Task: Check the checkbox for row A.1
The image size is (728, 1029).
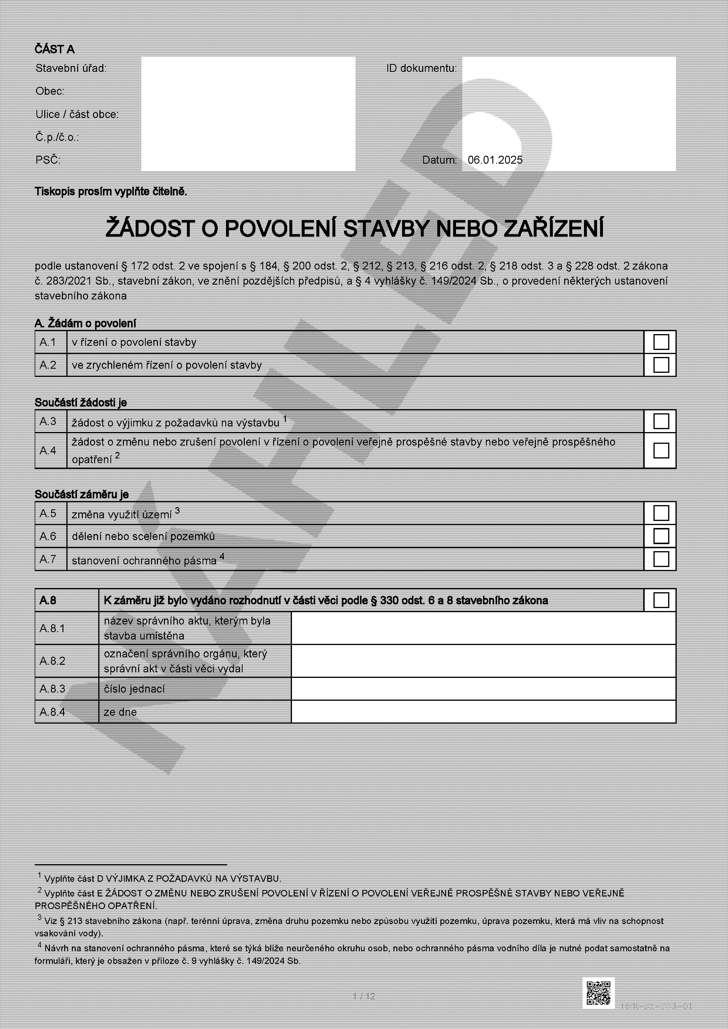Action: tap(661, 342)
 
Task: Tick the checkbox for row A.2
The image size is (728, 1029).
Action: tap(661, 365)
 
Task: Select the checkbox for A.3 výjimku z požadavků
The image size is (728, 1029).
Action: tap(661, 421)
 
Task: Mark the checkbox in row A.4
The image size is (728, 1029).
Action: tap(661, 451)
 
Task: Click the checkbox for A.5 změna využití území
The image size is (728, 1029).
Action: tap(661, 513)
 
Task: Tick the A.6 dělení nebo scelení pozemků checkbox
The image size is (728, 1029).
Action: tap(661, 536)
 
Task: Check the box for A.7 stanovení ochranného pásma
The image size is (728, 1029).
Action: tap(661, 559)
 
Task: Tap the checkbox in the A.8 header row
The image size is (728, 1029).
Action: tap(661, 600)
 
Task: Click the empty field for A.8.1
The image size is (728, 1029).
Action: tap(483, 628)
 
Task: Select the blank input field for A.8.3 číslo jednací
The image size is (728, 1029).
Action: tap(483, 689)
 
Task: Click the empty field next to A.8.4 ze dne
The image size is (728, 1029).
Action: tap(483, 712)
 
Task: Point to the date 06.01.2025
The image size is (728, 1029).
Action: tap(495, 160)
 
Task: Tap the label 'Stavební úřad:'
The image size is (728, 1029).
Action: tap(71, 68)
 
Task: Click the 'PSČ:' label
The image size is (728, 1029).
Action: tap(48, 160)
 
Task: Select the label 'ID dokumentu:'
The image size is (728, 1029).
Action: tap(421, 68)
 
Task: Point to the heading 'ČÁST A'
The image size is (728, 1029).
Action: tap(55, 49)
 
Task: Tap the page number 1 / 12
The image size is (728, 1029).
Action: tap(364, 996)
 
